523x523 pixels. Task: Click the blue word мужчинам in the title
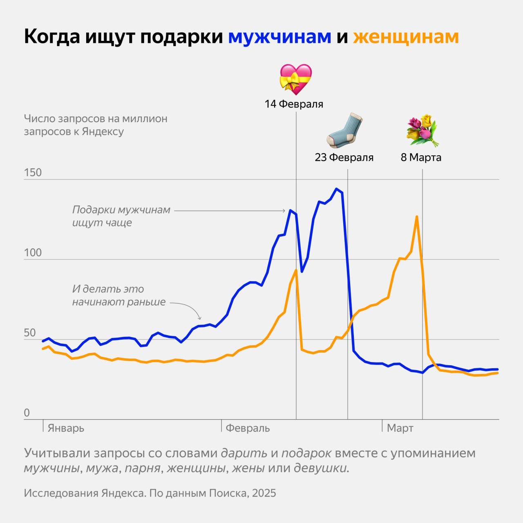coord(279,37)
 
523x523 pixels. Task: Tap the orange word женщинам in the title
coord(406,37)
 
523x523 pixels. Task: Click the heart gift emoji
coord(295,79)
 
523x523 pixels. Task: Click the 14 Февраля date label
coord(294,104)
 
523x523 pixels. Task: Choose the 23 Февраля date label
coord(344,157)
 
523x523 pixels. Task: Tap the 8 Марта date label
coord(421,157)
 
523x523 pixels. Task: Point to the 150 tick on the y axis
coord(33,172)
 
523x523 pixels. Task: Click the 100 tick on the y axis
coord(33,253)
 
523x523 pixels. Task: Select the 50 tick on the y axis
coord(30,333)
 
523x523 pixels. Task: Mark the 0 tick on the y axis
coord(27,413)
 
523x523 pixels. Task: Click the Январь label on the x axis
coord(66,428)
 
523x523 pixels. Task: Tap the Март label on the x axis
coord(400,428)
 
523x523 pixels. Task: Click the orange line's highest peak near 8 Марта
coord(416,217)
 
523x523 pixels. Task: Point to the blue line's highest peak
coord(336,189)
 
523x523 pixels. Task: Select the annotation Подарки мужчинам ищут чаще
coord(121,216)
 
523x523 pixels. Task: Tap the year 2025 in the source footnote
coord(264,493)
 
